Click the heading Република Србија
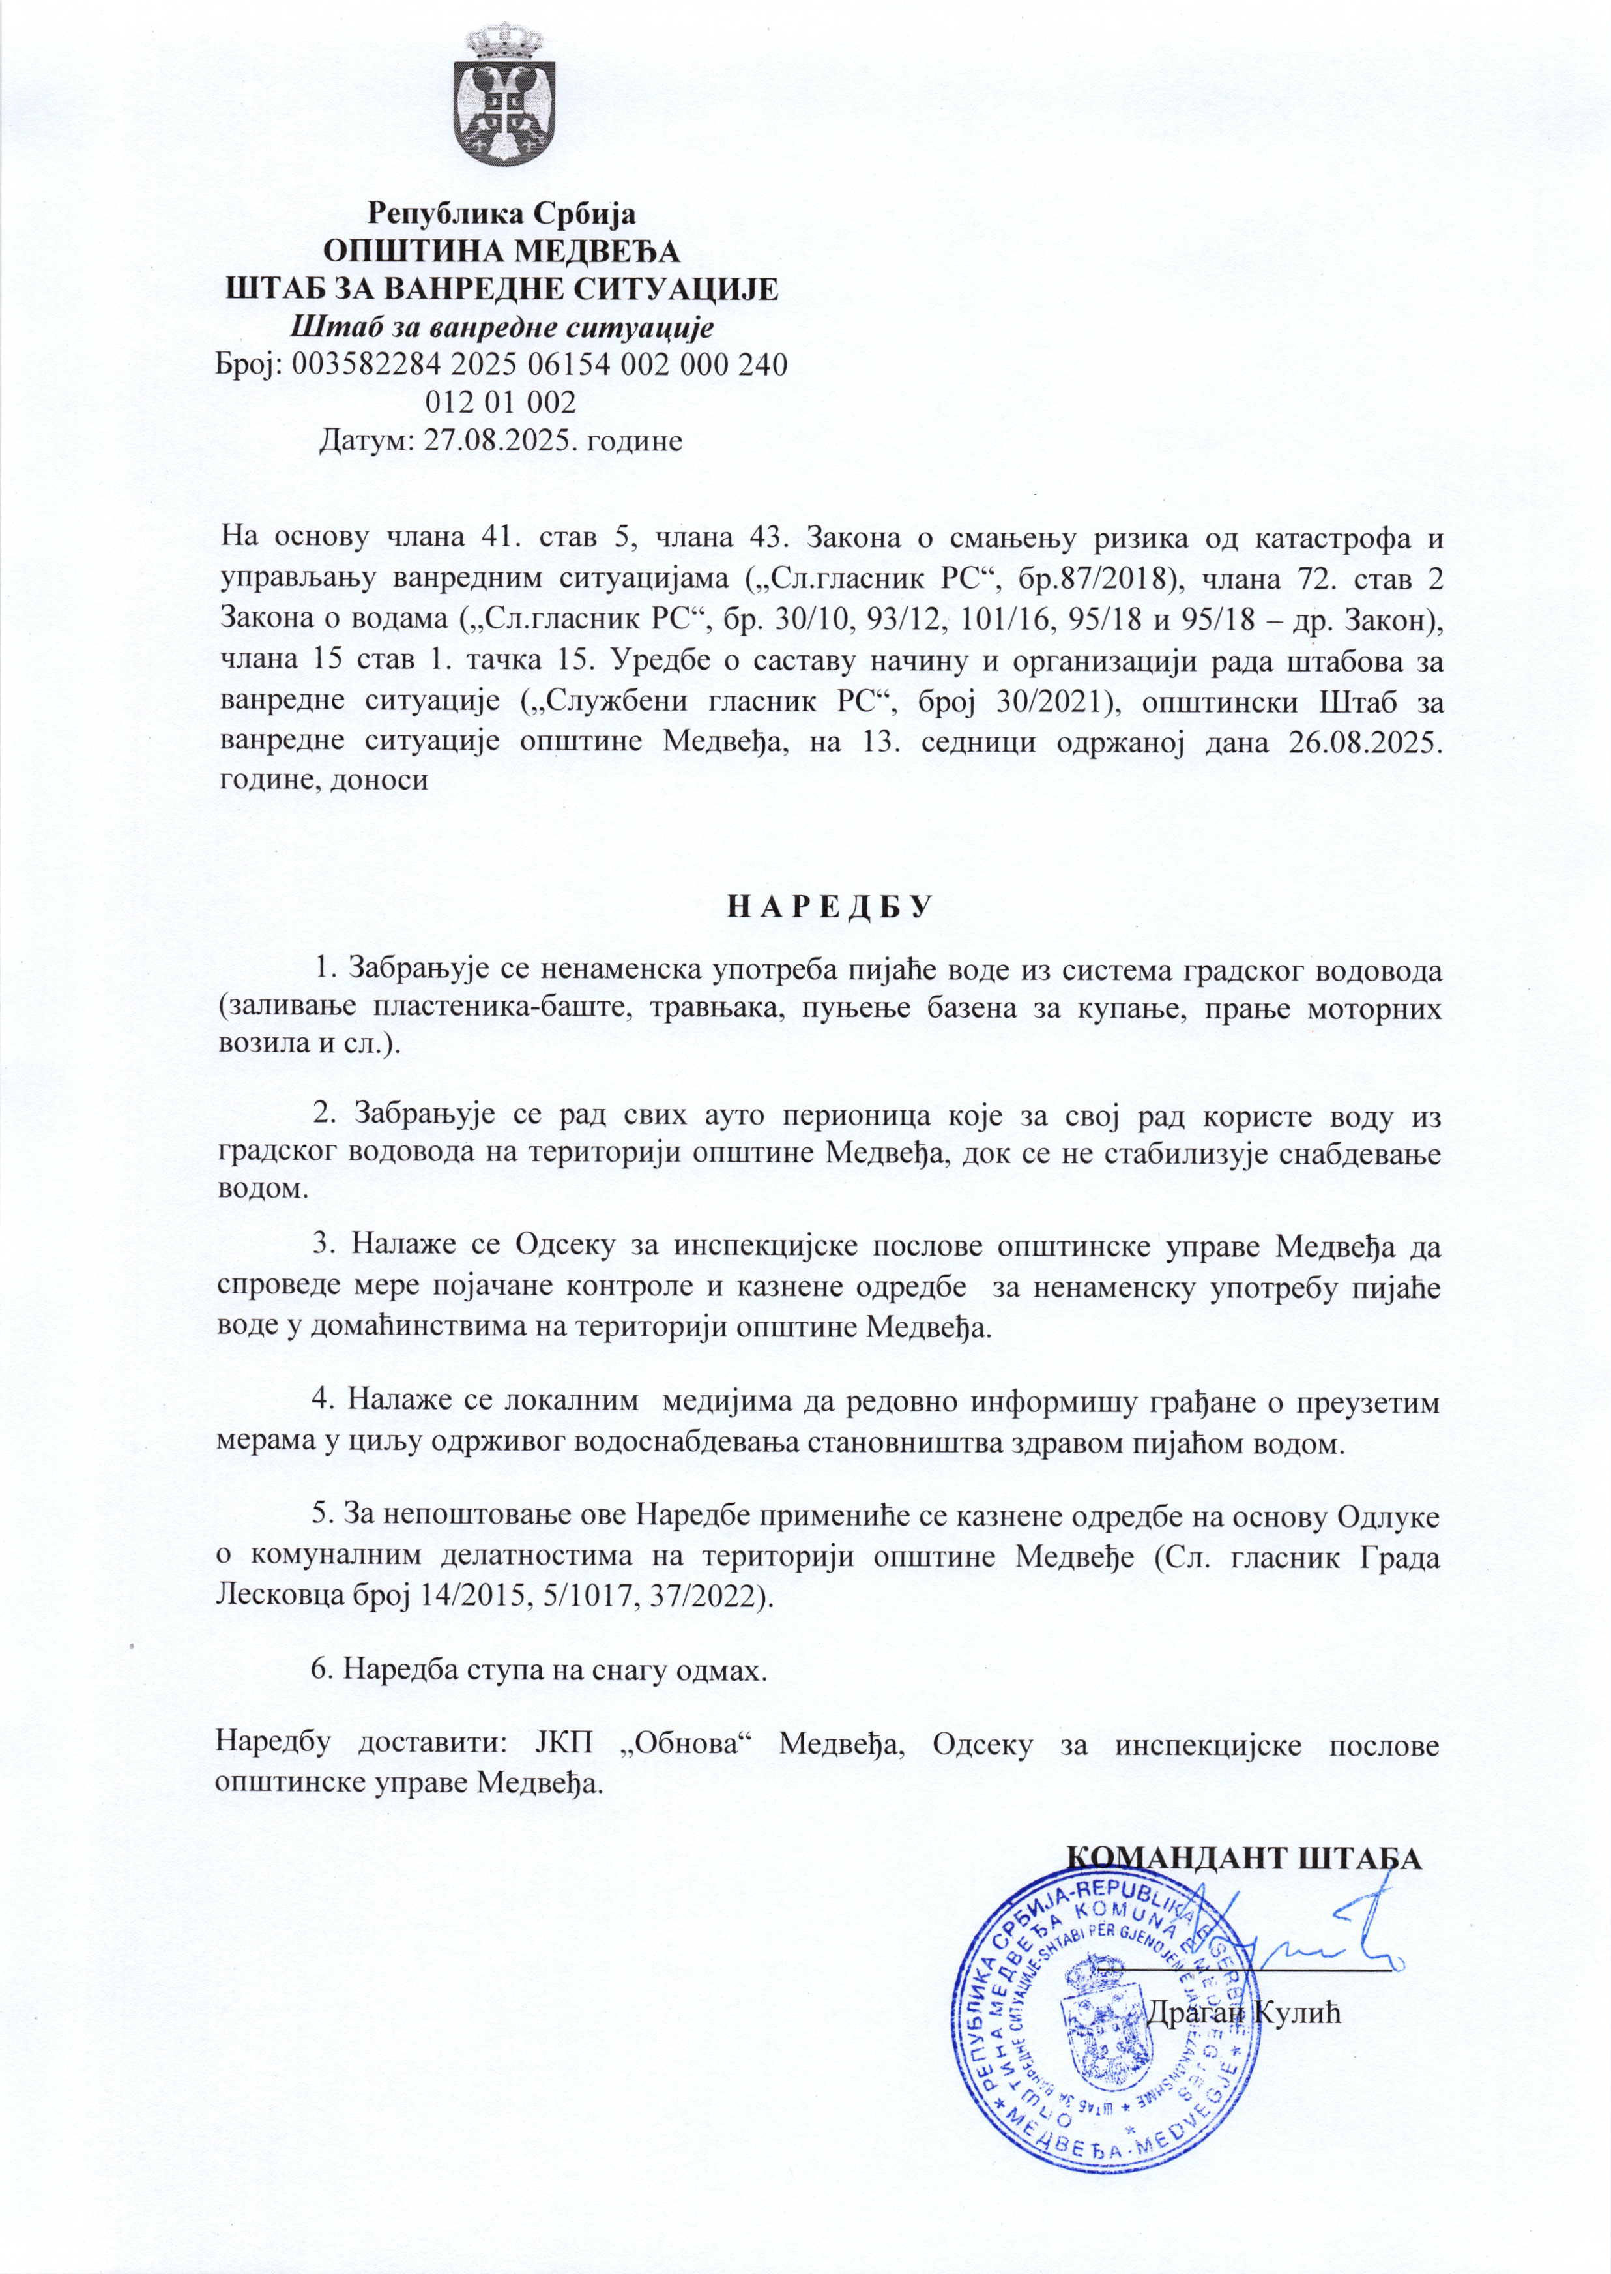point(501,213)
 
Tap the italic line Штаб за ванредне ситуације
point(501,327)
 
